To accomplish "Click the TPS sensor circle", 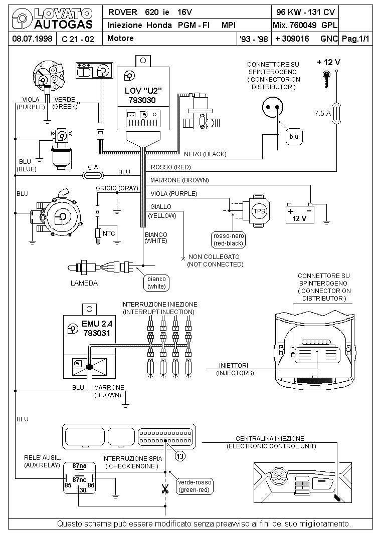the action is [x=259, y=211].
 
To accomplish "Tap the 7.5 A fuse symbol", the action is [x=336, y=113].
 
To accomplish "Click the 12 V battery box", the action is [x=300, y=214].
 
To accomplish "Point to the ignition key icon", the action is [x=327, y=78].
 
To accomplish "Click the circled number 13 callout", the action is [x=180, y=456].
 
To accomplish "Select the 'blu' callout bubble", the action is [x=294, y=137].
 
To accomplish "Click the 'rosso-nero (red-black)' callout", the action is [x=229, y=239].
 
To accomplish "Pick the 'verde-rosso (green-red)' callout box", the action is [x=195, y=486].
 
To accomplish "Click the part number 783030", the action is [x=142, y=101].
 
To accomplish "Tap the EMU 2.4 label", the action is [x=97, y=324].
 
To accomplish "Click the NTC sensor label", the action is [x=109, y=234].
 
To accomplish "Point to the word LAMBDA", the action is [x=84, y=283].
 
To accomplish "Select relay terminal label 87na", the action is [x=79, y=465].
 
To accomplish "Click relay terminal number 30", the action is [x=83, y=490].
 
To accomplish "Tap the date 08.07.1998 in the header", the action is [x=32, y=39].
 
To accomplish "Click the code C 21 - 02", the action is [x=78, y=39].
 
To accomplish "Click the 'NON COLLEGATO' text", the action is [x=214, y=256].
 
